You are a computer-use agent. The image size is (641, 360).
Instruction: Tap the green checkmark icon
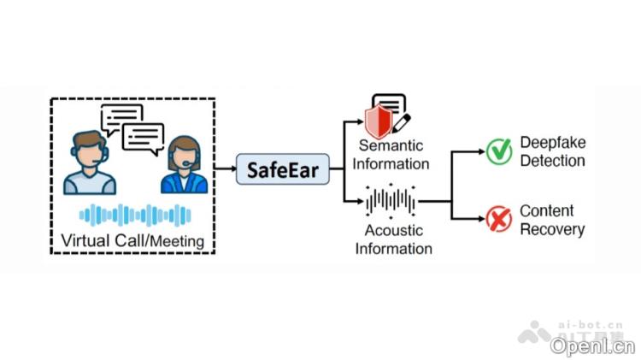pyautogui.click(x=499, y=151)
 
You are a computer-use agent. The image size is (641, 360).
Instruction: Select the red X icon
pyautogui.click(x=499, y=220)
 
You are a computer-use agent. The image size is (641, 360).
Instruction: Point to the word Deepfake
pyautogui.click(x=552, y=143)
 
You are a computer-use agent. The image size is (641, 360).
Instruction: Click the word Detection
pyautogui.click(x=552, y=161)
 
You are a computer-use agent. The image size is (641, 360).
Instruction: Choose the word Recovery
pyautogui.click(x=552, y=229)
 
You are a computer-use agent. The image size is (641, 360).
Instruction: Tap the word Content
pyautogui.click(x=546, y=211)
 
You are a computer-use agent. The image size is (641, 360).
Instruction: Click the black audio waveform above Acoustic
pyautogui.click(x=391, y=202)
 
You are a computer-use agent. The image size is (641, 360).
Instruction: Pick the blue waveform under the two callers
pyautogui.click(x=135, y=215)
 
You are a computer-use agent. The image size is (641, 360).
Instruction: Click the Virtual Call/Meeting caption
pyautogui.click(x=132, y=240)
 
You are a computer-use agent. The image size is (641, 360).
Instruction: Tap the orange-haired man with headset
pyautogui.click(x=90, y=162)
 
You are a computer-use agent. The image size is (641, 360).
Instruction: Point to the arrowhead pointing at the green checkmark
pyautogui.click(x=476, y=152)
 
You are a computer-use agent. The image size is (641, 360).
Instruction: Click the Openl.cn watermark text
pyautogui.click(x=592, y=345)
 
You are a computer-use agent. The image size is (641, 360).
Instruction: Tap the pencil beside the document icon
pyautogui.click(x=401, y=121)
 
